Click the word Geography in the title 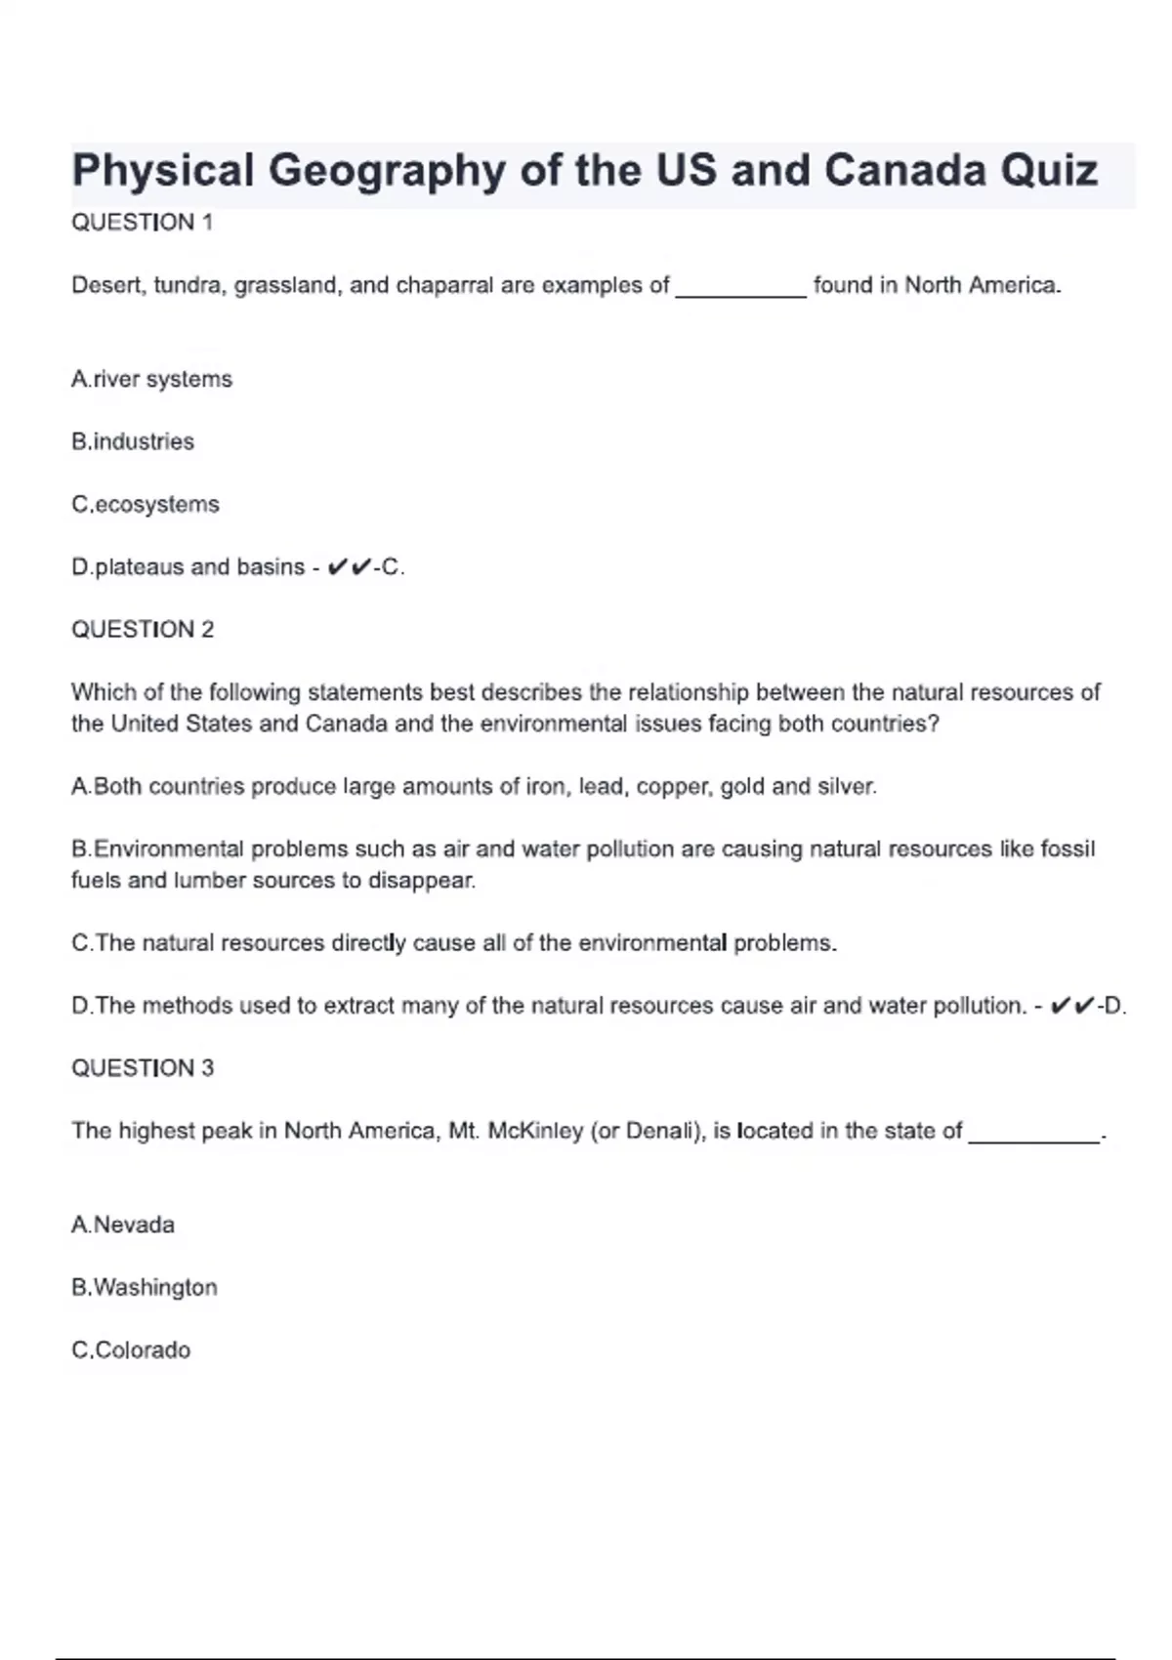point(387,172)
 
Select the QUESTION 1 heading point(142,223)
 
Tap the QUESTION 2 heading point(143,630)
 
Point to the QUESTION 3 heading point(143,1068)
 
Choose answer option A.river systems point(151,379)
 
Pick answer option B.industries point(133,441)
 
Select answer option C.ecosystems point(146,505)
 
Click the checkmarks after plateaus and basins point(349,567)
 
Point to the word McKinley point(535,1131)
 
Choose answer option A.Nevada point(123,1224)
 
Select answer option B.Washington point(145,1288)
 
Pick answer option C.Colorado point(131,1350)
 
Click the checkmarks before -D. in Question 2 point(1071,1006)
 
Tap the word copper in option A point(669,787)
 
